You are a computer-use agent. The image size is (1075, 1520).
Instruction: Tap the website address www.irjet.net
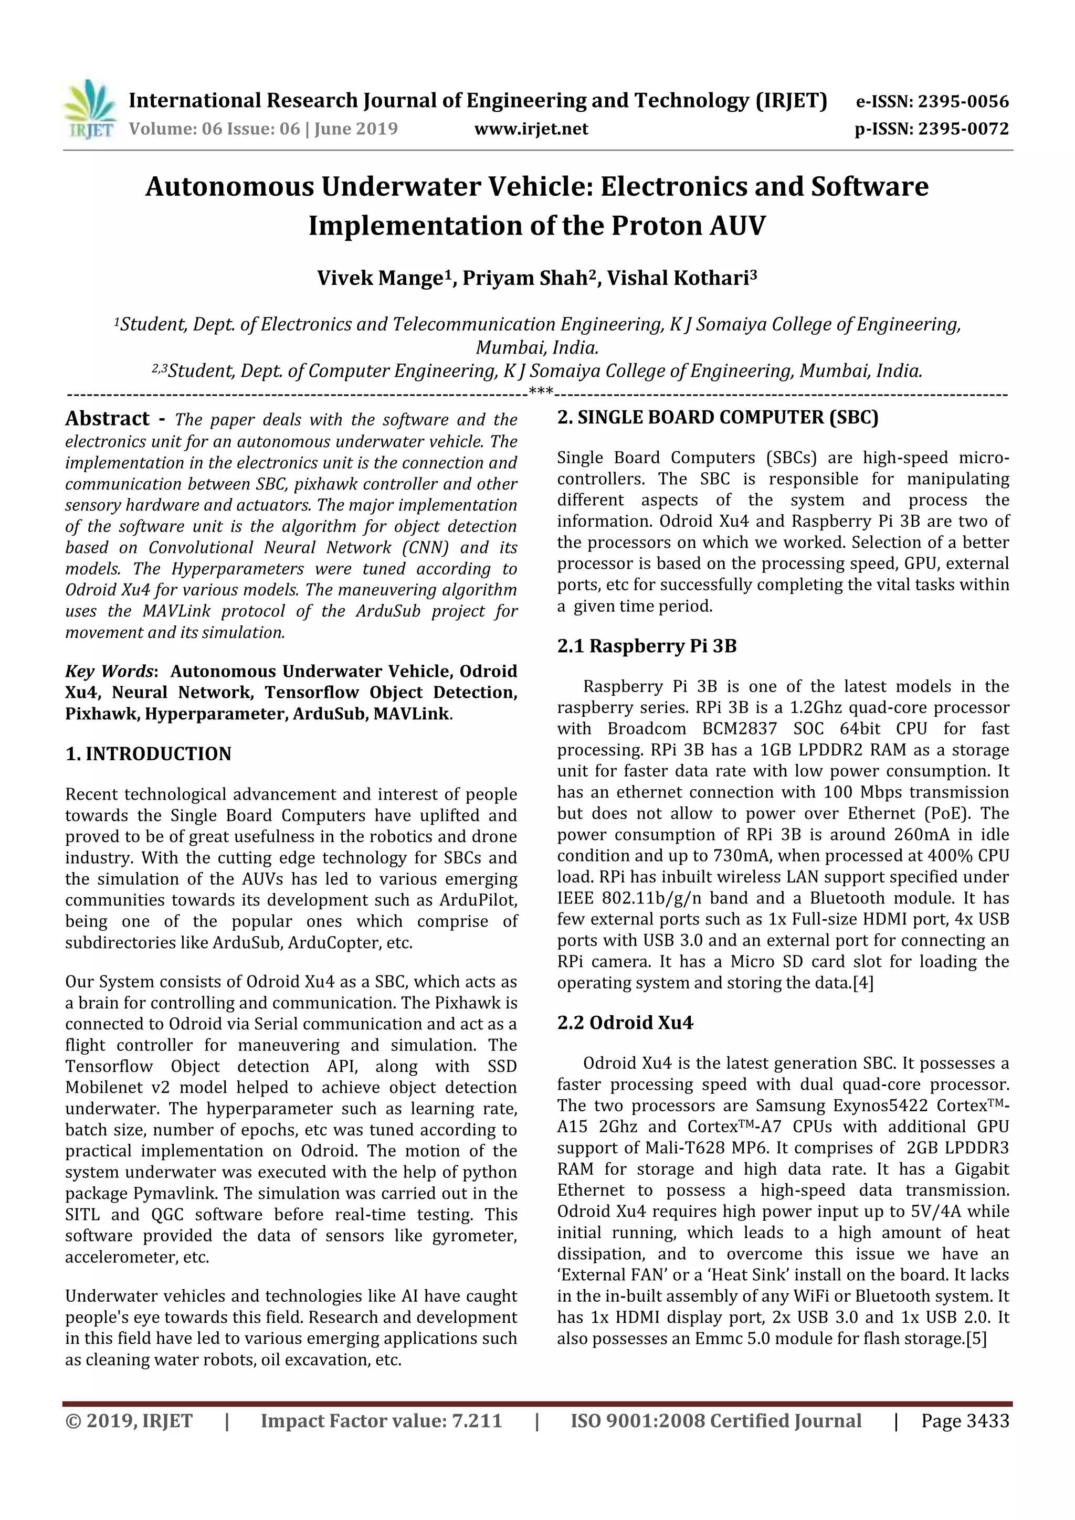click(x=531, y=129)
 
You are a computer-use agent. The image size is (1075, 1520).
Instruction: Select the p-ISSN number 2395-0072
click(x=964, y=129)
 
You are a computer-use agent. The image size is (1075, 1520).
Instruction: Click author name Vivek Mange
click(x=378, y=278)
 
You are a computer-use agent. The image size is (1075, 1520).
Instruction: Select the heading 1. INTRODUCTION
click(x=149, y=754)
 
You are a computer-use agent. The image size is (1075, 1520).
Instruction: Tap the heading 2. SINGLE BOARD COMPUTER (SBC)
click(x=718, y=417)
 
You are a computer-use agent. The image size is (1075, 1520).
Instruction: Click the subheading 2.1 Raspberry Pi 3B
click(x=647, y=646)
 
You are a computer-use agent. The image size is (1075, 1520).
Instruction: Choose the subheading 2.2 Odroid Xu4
click(x=625, y=1023)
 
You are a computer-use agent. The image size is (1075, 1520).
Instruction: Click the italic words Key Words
click(x=109, y=671)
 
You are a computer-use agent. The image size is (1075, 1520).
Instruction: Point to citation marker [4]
click(x=863, y=983)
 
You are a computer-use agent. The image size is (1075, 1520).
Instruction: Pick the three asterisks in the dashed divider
click(x=541, y=392)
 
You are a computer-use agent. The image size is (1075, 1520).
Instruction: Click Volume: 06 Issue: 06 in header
click(x=214, y=129)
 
